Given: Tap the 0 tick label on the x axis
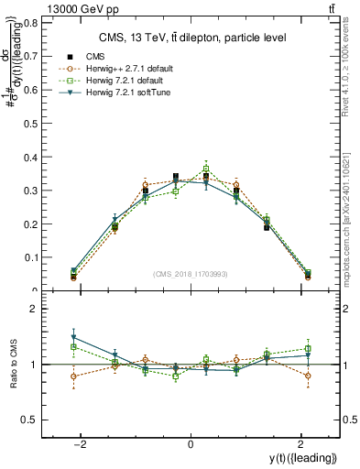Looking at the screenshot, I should point(190,444).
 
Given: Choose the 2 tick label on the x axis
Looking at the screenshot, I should point(300,444).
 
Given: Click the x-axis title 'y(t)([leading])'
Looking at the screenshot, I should point(306,458).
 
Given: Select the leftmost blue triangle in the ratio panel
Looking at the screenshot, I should point(73,338).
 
